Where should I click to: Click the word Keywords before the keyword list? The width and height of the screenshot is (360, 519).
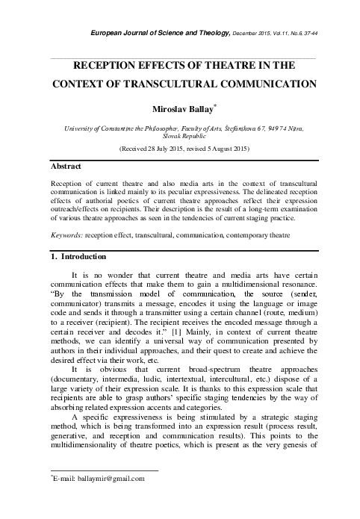click(x=63, y=234)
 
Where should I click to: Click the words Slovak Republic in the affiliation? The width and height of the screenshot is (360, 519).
click(x=180, y=137)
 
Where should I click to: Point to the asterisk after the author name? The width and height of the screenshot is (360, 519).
click(x=215, y=107)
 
